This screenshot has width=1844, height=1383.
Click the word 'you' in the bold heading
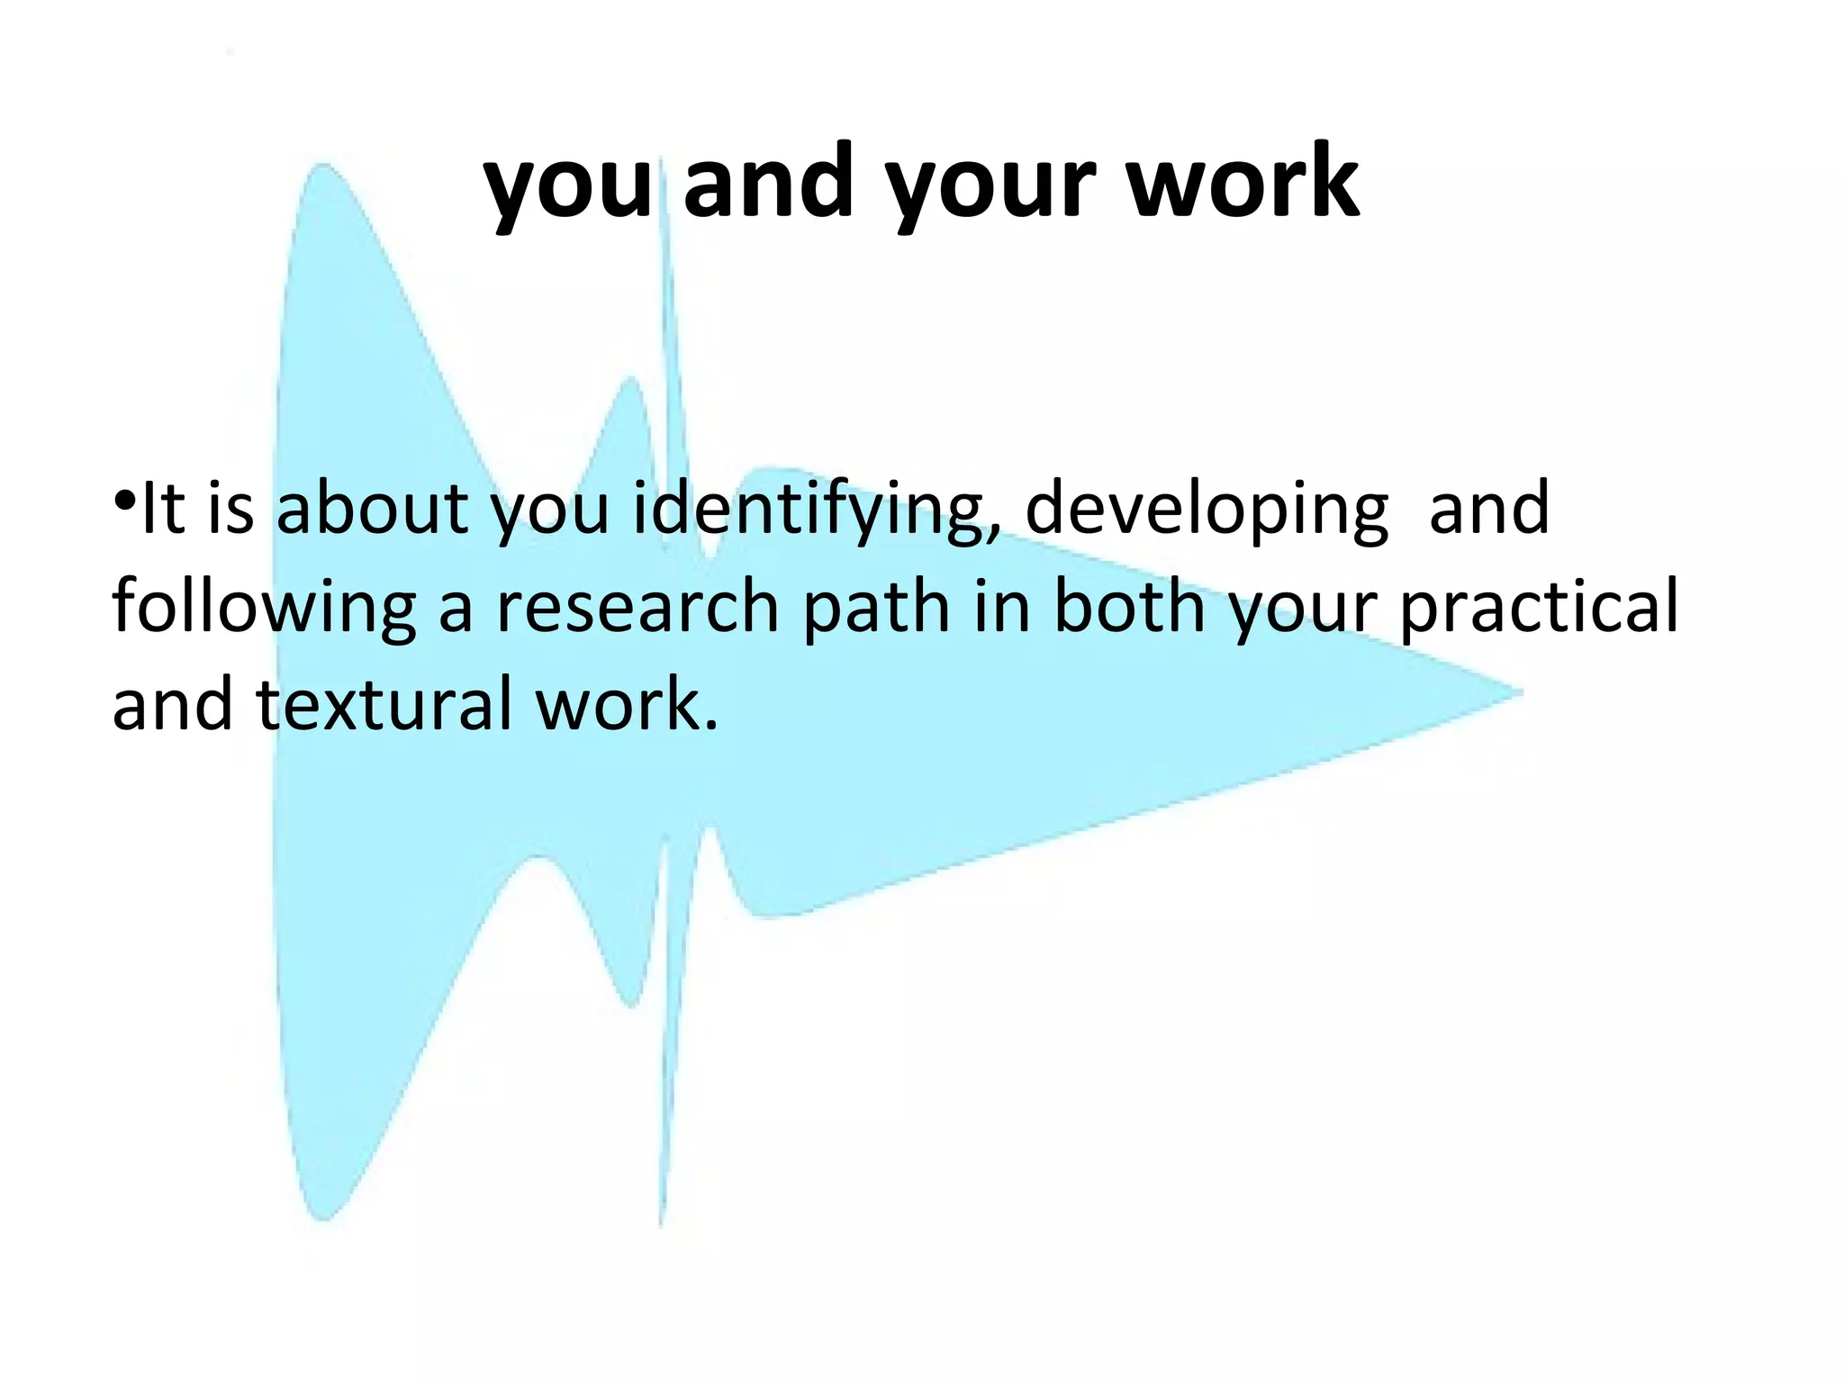click(567, 185)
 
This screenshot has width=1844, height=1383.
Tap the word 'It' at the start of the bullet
click(163, 508)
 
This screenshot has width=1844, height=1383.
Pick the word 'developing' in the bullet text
click(1207, 510)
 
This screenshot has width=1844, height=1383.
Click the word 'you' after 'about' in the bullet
click(550, 510)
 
